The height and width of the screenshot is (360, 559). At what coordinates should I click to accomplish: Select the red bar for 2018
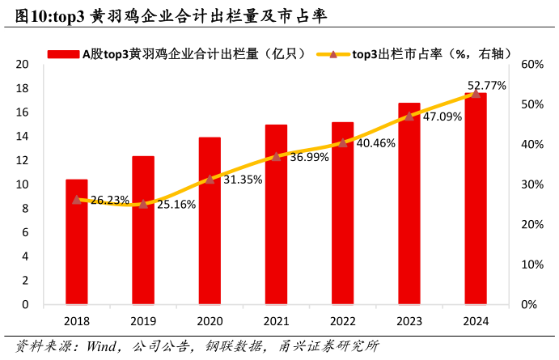click(x=77, y=242)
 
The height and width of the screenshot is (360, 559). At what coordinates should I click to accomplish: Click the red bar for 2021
click(x=276, y=214)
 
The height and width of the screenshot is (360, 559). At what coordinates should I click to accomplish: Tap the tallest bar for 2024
click(x=475, y=199)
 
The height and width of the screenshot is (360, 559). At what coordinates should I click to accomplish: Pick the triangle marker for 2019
click(x=143, y=204)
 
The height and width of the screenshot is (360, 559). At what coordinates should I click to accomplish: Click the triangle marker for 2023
click(x=409, y=116)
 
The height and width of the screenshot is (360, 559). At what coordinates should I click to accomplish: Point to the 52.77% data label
click(x=487, y=85)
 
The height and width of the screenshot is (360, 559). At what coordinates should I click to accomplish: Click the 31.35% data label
click(x=243, y=180)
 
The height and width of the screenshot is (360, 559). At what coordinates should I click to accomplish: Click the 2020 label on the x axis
click(x=210, y=320)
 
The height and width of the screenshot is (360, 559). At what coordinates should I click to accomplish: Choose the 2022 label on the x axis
click(x=342, y=320)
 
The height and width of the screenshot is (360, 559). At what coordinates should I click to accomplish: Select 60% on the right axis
click(x=530, y=65)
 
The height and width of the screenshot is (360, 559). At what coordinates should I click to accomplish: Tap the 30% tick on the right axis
click(x=530, y=185)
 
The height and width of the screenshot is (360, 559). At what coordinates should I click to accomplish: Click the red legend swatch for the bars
click(x=63, y=53)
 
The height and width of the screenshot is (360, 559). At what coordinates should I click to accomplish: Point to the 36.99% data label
click(x=309, y=157)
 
